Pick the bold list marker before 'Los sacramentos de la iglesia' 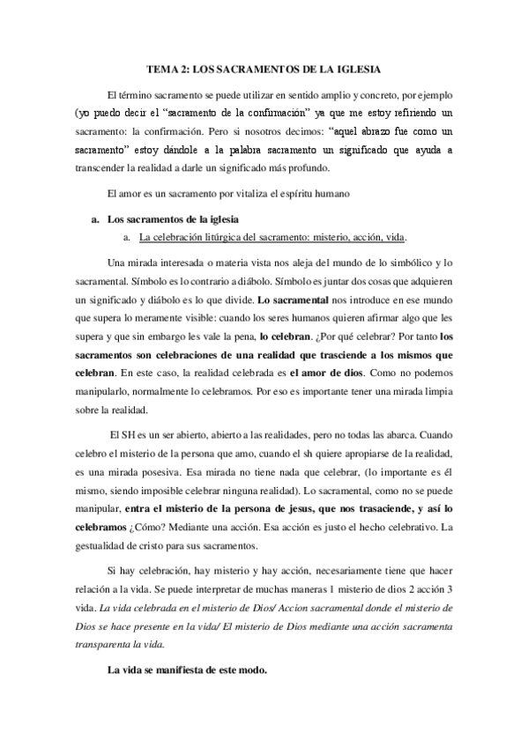point(94,218)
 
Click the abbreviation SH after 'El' point(125,434)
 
